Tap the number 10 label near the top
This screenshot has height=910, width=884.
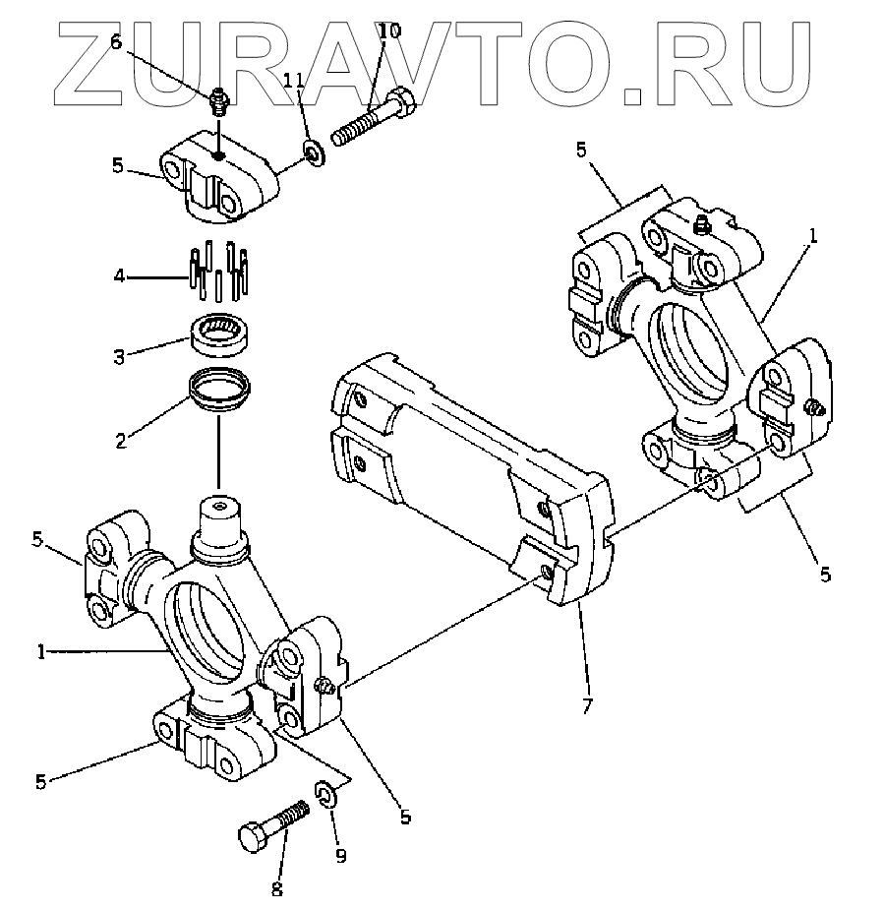coord(389,30)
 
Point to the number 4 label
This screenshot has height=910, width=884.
coord(120,276)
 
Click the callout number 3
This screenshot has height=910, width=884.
coord(120,355)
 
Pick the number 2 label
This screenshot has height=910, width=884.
coord(120,440)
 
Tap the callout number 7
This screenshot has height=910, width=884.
coord(588,704)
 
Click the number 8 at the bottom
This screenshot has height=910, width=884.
coord(276,888)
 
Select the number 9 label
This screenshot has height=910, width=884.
coord(341,856)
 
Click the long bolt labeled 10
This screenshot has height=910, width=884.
coord(374,116)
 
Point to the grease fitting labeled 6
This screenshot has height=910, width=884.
coord(218,100)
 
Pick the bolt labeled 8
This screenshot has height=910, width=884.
coord(271,826)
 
